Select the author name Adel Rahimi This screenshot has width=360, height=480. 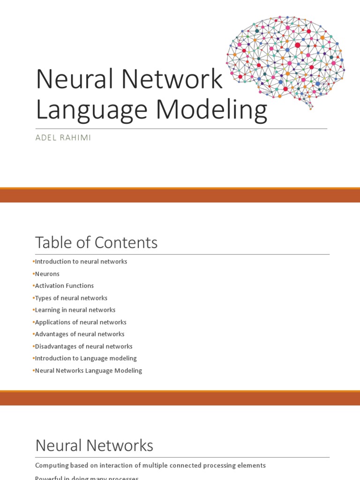click(63, 137)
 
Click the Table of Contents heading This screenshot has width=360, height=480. click(96, 243)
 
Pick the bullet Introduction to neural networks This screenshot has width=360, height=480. click(81, 262)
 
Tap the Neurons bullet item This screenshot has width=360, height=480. click(47, 274)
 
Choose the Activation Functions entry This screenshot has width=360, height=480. click(64, 286)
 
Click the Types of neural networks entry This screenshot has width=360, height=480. click(71, 298)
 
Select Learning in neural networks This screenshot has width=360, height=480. click(75, 310)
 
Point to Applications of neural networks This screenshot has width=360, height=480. click(81, 322)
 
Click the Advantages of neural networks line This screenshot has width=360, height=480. click(80, 334)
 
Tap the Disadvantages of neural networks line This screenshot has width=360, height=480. click(84, 346)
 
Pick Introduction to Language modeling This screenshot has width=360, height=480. click(86, 358)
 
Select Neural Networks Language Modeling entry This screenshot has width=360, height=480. click(89, 370)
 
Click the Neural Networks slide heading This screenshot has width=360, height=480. click(94, 445)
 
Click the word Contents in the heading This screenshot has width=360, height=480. click(127, 243)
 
